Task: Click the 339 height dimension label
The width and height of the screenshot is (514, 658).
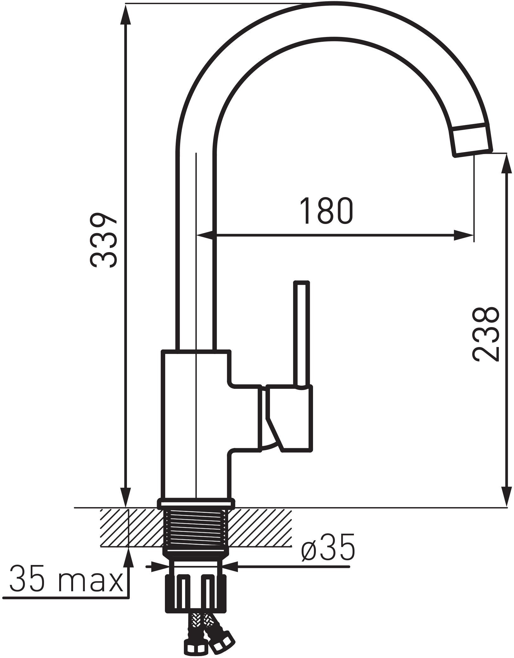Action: click(103, 240)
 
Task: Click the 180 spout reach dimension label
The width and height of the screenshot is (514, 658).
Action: click(326, 211)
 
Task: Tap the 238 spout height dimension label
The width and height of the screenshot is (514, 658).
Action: click(486, 335)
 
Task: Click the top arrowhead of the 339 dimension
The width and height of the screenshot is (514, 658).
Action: click(126, 14)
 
